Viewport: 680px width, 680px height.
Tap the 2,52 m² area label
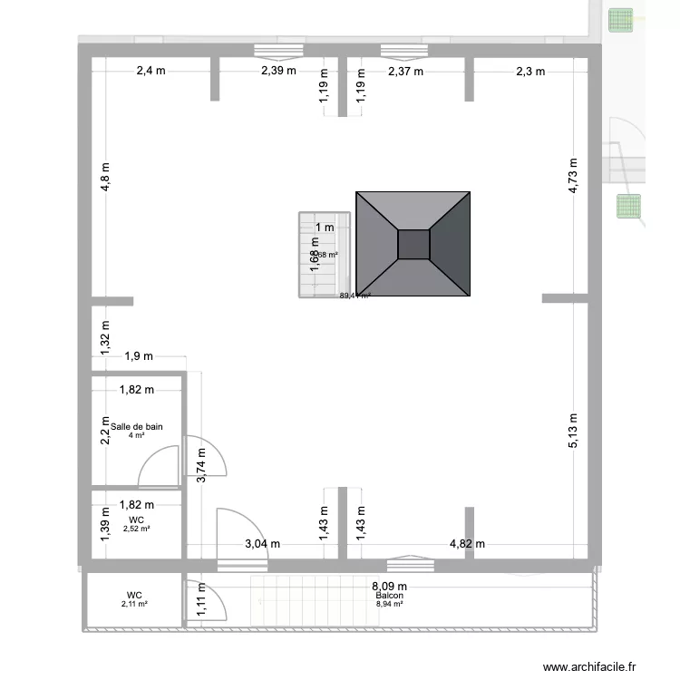[x=137, y=529]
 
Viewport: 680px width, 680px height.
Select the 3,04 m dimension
[x=262, y=544]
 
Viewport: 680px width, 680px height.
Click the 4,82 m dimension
[x=468, y=544]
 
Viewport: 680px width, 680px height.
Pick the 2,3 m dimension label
[x=529, y=73]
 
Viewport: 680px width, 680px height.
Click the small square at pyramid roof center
[x=413, y=245]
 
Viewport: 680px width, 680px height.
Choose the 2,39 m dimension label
[x=278, y=73]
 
